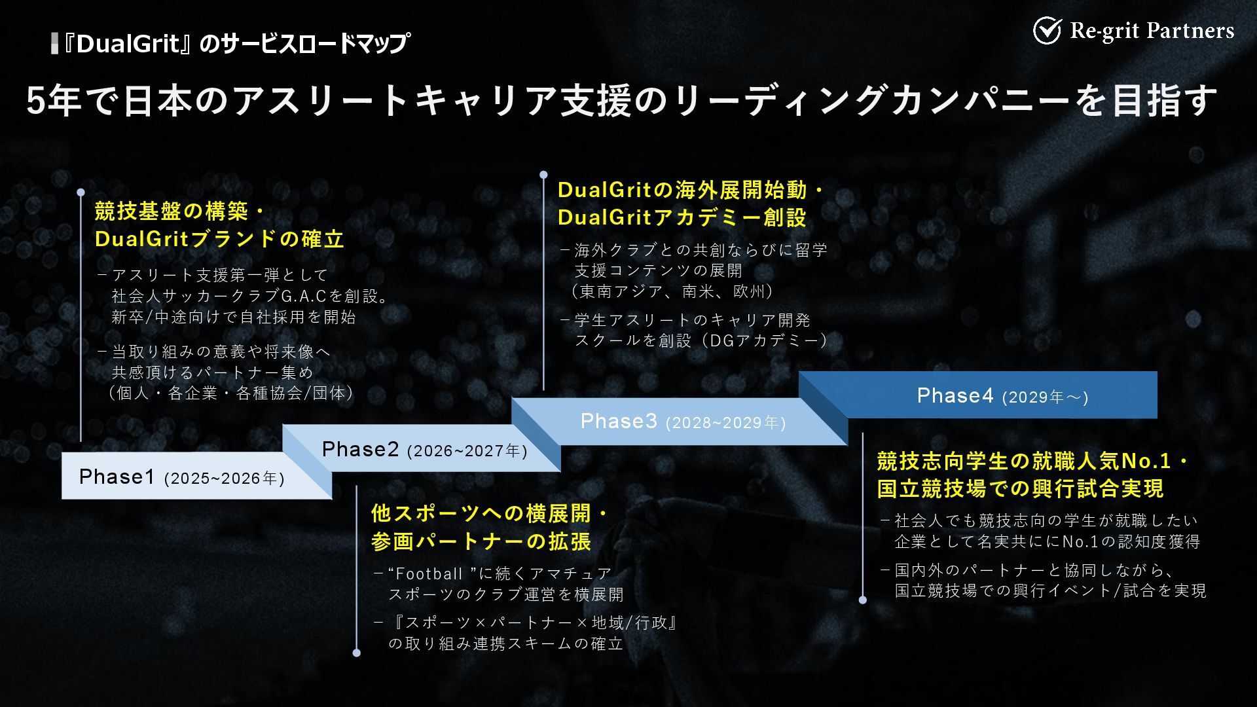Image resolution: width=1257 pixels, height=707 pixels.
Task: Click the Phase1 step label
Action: click(x=117, y=477)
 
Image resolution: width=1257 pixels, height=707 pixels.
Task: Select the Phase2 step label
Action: click(x=360, y=449)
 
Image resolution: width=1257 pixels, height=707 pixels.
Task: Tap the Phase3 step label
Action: click(x=619, y=421)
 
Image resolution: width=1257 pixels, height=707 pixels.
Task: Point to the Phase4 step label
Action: click(x=955, y=395)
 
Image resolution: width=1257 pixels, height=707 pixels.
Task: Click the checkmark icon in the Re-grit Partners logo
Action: click(x=1047, y=30)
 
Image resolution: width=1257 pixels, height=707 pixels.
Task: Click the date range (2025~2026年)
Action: click(x=225, y=479)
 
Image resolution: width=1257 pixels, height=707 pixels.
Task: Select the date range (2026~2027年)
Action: click(x=467, y=451)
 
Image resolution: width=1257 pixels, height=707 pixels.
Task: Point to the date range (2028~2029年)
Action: click(x=725, y=423)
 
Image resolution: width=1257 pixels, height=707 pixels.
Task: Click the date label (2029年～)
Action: click(x=1045, y=397)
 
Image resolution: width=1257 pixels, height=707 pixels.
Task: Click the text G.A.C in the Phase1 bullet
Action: click(x=303, y=297)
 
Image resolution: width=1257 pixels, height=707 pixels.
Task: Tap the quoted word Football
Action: click(x=429, y=574)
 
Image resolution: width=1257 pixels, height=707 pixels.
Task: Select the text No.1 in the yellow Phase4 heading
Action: click(x=1146, y=462)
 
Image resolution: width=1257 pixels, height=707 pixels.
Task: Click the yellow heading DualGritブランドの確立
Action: click(x=219, y=239)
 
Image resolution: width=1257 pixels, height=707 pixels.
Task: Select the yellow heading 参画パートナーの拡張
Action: click(x=481, y=541)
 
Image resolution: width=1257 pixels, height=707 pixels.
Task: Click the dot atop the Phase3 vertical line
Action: click(x=543, y=175)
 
